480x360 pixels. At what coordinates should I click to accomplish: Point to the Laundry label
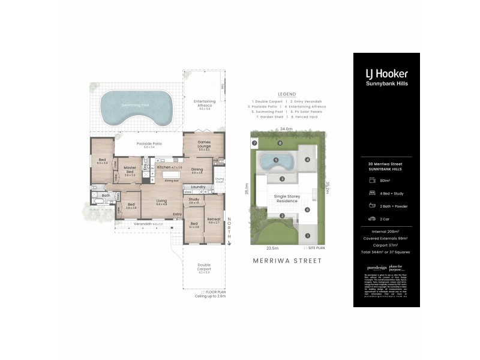[199, 187]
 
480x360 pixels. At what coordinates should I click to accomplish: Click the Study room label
[194, 199]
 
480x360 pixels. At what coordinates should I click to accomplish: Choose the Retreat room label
[214, 219]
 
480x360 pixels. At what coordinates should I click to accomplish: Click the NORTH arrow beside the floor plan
[229, 234]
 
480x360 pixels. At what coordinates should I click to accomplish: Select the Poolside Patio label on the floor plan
[149, 144]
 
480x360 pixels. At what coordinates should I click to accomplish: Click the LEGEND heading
[287, 95]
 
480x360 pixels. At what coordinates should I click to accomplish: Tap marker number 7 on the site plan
[254, 143]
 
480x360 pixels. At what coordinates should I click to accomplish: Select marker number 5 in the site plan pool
[275, 160]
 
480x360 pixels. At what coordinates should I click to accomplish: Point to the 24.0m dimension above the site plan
[286, 129]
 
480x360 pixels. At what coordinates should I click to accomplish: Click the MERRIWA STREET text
[287, 260]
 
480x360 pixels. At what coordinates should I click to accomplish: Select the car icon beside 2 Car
[373, 219]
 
